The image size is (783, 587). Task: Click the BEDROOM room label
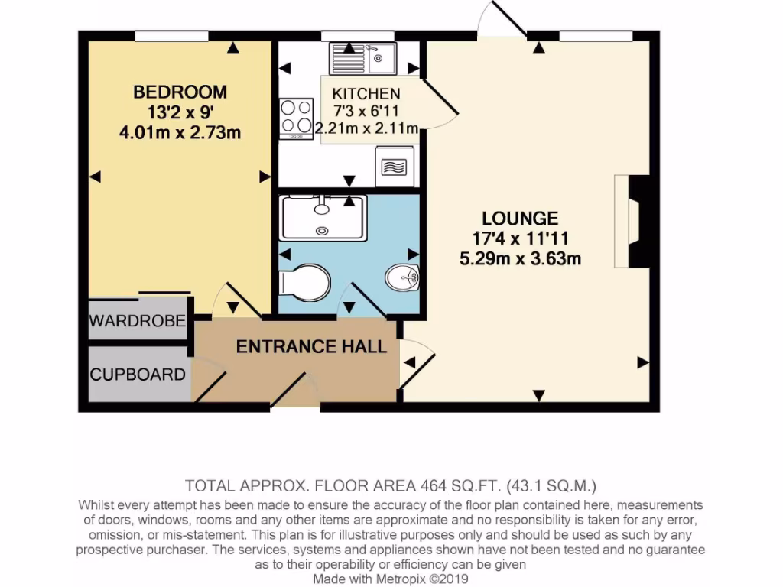click(x=180, y=92)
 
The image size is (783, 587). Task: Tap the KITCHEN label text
click(x=366, y=94)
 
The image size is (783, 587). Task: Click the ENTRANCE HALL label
click(x=311, y=347)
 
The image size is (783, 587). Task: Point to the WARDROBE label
click(x=138, y=321)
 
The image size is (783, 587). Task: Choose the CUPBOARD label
click(x=138, y=375)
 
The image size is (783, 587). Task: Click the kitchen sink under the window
click(x=362, y=58)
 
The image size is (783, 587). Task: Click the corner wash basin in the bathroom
click(x=403, y=277)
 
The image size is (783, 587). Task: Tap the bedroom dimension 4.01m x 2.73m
click(x=180, y=133)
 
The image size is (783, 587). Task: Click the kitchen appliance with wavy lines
click(x=395, y=167)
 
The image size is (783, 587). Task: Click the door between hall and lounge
click(x=417, y=367)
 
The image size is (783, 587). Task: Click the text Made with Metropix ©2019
click(x=391, y=579)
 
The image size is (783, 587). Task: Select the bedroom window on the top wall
click(x=172, y=35)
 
